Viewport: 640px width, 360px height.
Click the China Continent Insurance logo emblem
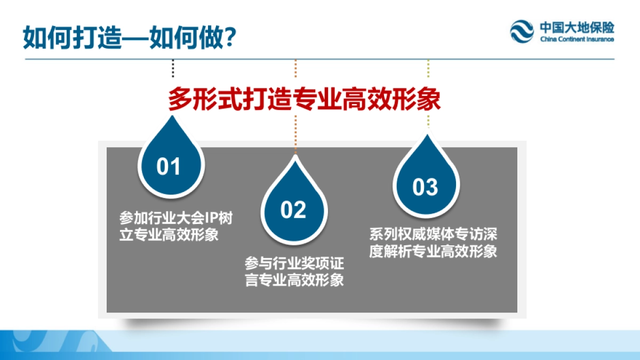(522, 31)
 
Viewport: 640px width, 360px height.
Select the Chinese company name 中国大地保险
(576, 27)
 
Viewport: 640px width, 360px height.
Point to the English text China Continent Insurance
(577, 39)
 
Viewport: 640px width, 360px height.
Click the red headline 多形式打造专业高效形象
(305, 99)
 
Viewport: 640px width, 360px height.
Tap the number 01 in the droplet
(169, 167)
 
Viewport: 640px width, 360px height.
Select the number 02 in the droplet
(293, 210)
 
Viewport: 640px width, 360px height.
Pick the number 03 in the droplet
(425, 187)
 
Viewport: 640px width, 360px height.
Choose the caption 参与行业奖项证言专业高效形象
(294, 271)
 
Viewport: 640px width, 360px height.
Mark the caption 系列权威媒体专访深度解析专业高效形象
(433, 243)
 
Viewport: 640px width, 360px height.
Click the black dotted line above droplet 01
(173, 68)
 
